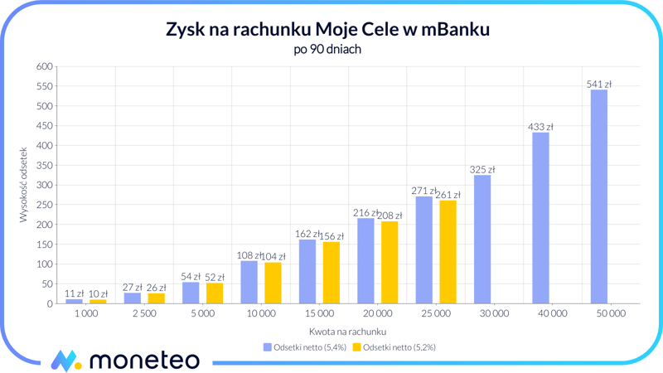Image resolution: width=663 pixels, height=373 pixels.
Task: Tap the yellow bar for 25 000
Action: pos(448,252)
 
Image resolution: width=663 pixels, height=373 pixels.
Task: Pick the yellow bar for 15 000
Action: pos(331,273)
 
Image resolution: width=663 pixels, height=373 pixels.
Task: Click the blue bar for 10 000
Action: pos(249,283)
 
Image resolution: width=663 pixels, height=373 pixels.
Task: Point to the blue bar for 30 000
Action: pos(482,240)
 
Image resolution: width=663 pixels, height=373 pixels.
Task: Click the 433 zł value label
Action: pos(540,127)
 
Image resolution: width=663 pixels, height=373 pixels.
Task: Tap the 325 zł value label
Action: pos(482,170)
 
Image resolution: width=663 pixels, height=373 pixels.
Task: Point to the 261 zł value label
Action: pos(448,195)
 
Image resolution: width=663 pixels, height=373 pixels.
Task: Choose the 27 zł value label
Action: pos(132,288)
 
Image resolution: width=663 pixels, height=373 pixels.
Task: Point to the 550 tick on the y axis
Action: pos(44,86)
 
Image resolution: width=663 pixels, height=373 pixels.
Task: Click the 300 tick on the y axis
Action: pos(44,185)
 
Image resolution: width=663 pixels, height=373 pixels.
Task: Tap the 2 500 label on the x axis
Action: pos(144,314)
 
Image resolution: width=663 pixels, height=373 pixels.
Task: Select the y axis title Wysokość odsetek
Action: pos(24,185)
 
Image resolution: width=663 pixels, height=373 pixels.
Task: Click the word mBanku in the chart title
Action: pos(454,29)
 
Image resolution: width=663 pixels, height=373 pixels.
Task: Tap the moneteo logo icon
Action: pos(65,361)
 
